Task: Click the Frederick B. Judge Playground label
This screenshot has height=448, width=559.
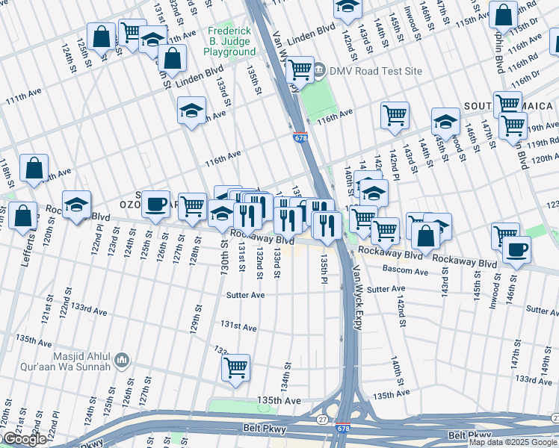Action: click(231, 42)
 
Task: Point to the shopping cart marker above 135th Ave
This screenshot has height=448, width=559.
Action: click(235, 367)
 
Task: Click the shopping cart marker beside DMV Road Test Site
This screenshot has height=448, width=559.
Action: click(300, 70)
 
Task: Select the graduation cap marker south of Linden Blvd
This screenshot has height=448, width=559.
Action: click(192, 111)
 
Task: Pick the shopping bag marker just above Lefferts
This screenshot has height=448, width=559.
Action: click(24, 217)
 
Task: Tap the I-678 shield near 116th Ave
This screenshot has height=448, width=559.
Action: click(300, 137)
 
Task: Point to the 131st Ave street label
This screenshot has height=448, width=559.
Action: click(238, 327)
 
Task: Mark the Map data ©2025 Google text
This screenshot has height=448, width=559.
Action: click(513, 442)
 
